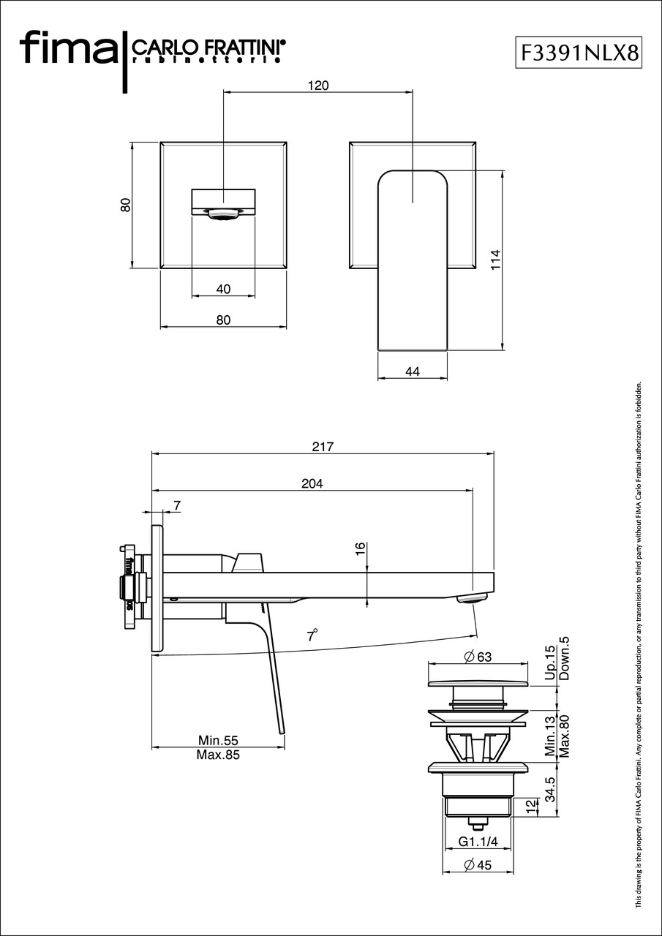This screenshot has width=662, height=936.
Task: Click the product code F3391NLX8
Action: tap(579, 53)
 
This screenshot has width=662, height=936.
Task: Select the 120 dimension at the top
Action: tap(317, 86)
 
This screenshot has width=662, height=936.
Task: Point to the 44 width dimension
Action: tap(412, 371)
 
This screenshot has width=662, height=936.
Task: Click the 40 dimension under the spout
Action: tap(223, 289)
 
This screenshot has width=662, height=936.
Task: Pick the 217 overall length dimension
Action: tap(322, 447)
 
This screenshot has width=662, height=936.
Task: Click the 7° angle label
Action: tap(313, 635)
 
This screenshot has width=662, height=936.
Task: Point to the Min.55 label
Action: tap(219, 741)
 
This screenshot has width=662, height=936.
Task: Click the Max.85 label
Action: tap(218, 755)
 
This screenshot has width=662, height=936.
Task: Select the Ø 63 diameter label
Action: tap(477, 657)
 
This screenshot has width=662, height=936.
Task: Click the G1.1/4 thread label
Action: tap(478, 842)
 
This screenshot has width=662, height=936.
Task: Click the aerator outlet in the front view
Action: tap(224, 214)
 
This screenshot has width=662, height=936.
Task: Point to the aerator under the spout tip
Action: tap(472, 600)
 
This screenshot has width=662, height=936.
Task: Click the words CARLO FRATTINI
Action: tap(208, 48)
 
